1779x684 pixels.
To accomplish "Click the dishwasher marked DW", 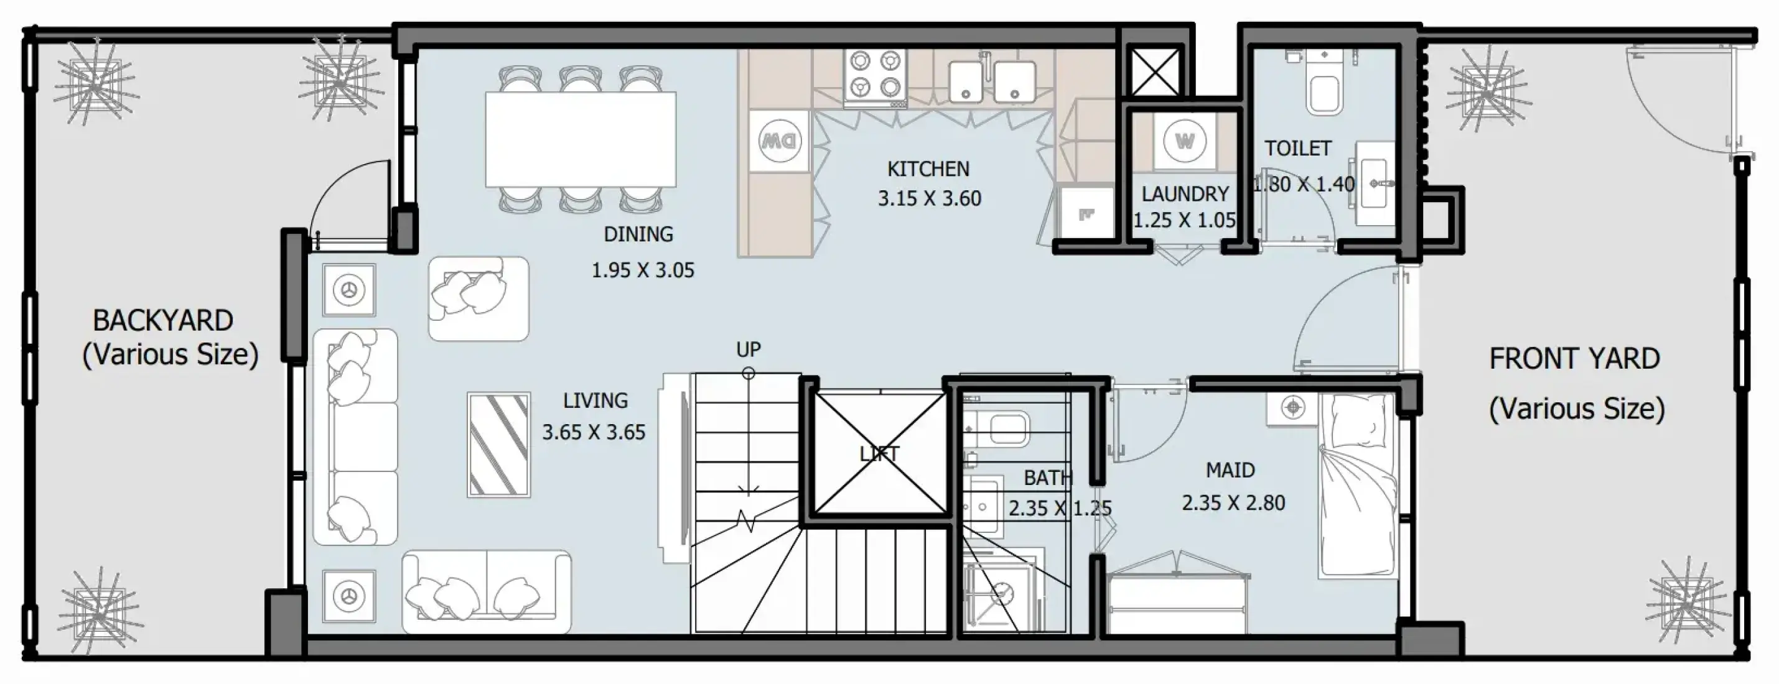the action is coord(780,141).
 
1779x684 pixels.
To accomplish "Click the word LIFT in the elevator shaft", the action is coord(879,453).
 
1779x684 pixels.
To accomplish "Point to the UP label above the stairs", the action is coord(748,349).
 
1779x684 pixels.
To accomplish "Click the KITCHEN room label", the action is coord(928,169).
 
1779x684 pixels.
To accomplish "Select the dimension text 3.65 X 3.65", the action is coord(594,432).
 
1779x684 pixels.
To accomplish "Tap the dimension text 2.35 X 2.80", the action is coord(1233,502).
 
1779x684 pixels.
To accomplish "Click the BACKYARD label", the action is coord(163,320).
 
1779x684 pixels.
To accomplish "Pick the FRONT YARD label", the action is coord(1574,358).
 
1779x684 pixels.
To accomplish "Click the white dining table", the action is coord(580,139).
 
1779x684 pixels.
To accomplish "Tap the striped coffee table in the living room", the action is coord(498,445).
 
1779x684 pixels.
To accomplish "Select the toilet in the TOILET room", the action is coord(1323,82).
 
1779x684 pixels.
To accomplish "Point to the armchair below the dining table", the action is coord(478,298).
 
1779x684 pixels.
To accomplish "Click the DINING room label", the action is coord(638,234).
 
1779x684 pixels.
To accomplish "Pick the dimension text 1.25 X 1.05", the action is coord(1184,220).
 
